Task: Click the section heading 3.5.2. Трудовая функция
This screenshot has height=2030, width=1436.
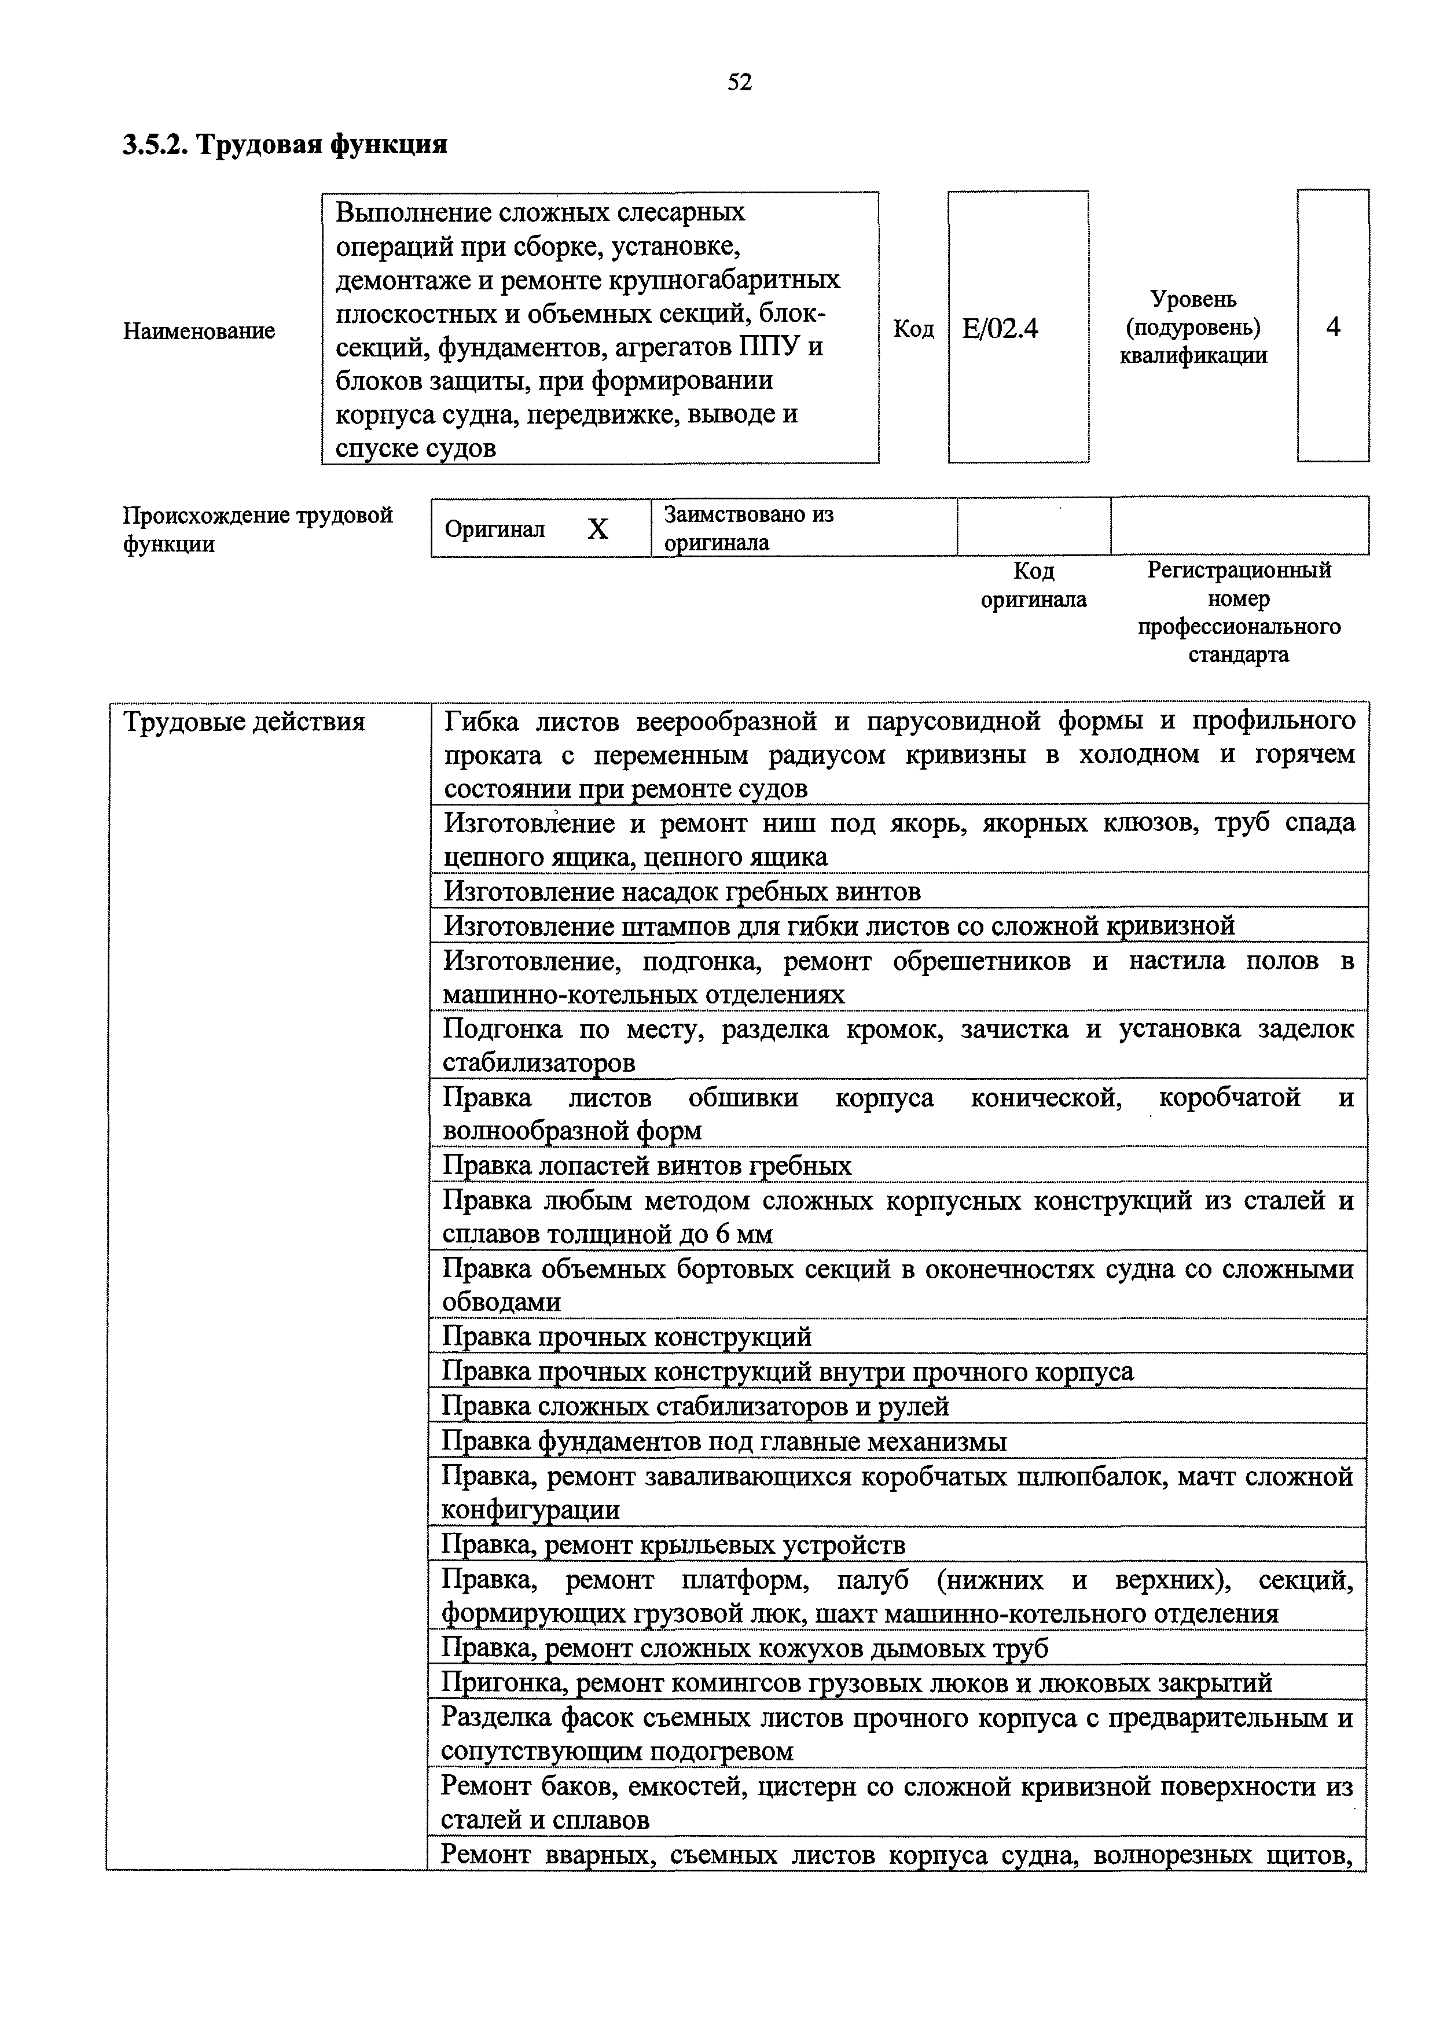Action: pos(285,144)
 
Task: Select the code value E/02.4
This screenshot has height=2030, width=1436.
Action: pos(1000,329)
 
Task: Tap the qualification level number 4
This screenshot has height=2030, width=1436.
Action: pos(1332,327)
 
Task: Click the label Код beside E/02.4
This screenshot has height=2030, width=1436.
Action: pos(913,329)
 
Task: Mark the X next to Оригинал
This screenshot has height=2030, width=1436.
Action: pos(598,529)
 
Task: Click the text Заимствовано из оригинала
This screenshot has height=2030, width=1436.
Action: pos(748,528)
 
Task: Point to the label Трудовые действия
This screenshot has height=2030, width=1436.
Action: pos(244,722)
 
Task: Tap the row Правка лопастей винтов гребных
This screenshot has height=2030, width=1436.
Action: pos(647,1165)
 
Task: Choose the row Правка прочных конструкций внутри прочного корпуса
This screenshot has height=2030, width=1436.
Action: pos(787,1371)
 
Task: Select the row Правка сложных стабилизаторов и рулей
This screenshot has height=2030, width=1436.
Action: pos(695,1406)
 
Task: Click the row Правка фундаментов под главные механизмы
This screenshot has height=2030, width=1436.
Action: pos(723,1441)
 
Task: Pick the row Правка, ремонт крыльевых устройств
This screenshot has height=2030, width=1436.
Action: pos(673,1544)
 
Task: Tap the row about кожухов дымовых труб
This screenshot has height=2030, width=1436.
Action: pos(744,1648)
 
